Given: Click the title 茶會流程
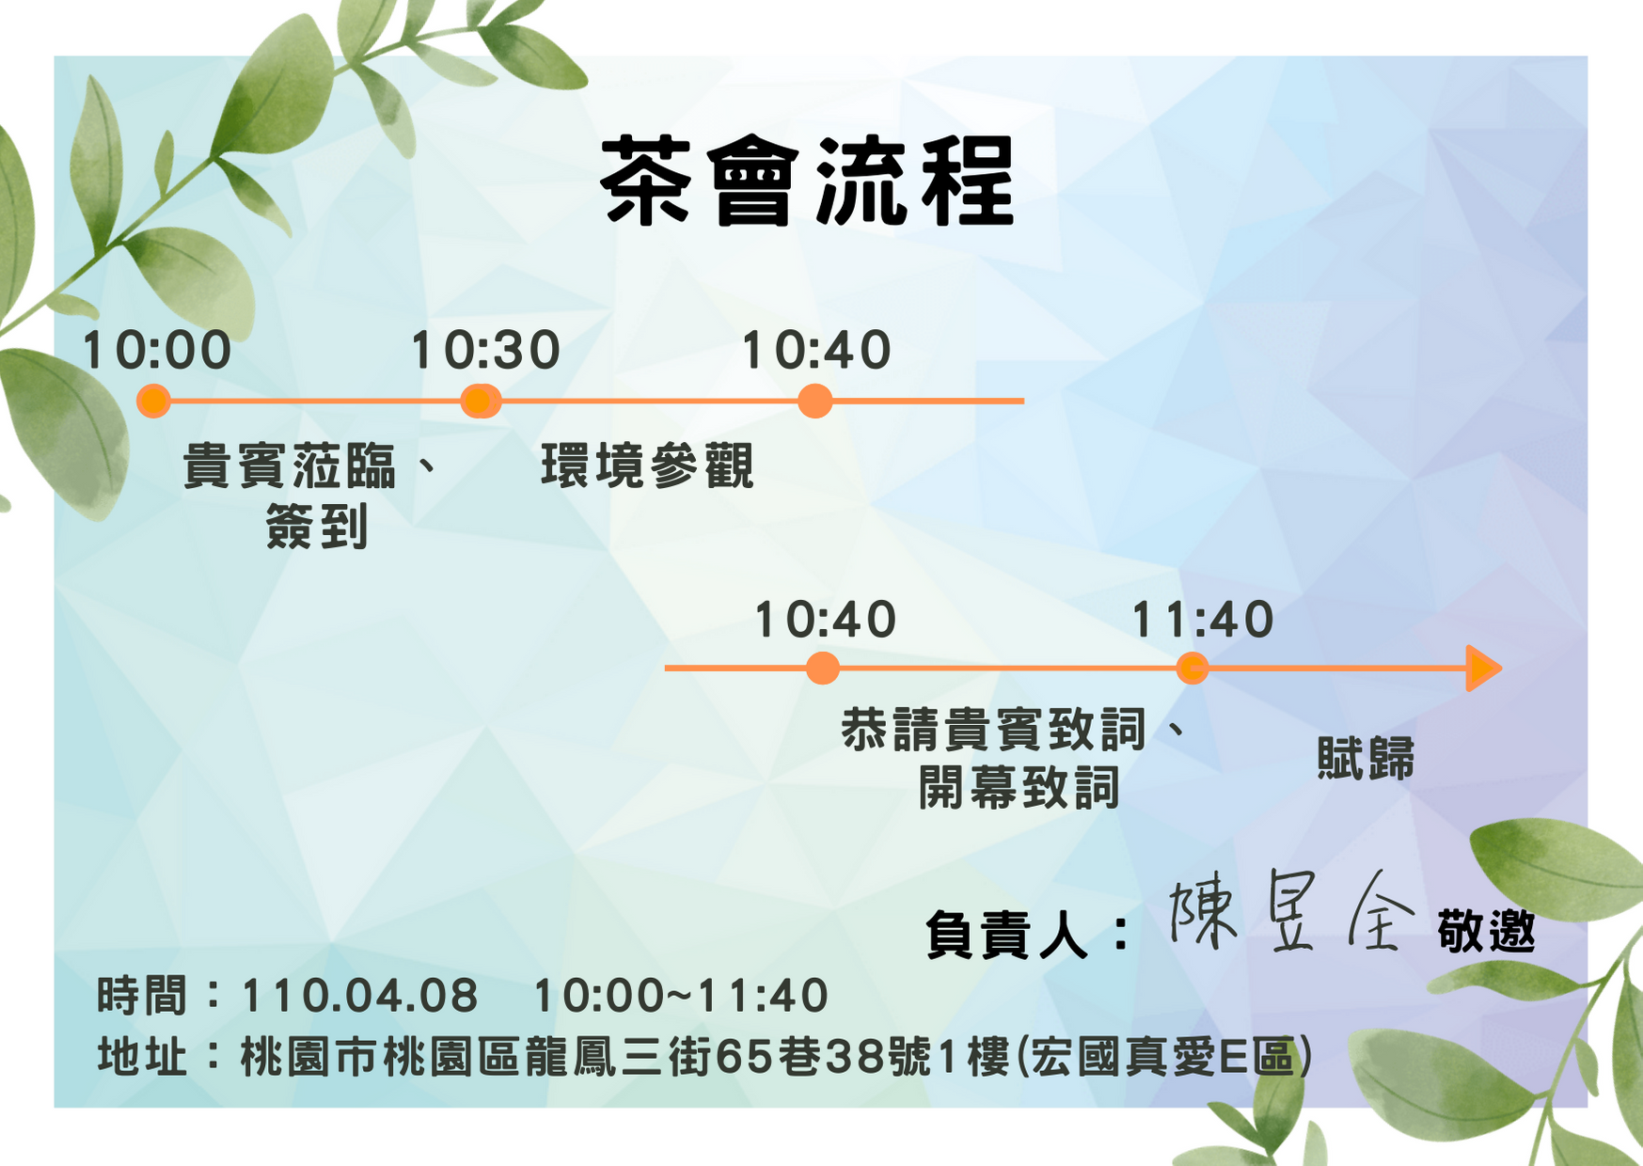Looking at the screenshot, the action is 807,181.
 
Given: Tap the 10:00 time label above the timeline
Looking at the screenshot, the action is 157,351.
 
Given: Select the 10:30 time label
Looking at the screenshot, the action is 485,351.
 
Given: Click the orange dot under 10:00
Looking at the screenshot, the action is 153,401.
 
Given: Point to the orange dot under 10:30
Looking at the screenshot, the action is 481,401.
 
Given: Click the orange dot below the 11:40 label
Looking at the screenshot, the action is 1193,669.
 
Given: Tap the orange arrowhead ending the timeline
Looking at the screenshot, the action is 1484,669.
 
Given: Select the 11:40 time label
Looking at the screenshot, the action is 1203,621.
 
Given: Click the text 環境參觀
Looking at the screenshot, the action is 647,466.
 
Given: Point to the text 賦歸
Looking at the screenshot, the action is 1366,759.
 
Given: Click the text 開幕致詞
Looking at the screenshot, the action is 1019,787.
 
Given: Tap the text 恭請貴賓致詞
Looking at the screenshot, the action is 993,730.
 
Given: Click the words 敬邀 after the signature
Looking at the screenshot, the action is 1486,932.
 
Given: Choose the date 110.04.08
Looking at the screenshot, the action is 360,996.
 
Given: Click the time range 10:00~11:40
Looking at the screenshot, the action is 681,996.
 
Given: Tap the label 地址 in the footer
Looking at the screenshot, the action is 142,1057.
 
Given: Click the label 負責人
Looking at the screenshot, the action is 1006,935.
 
